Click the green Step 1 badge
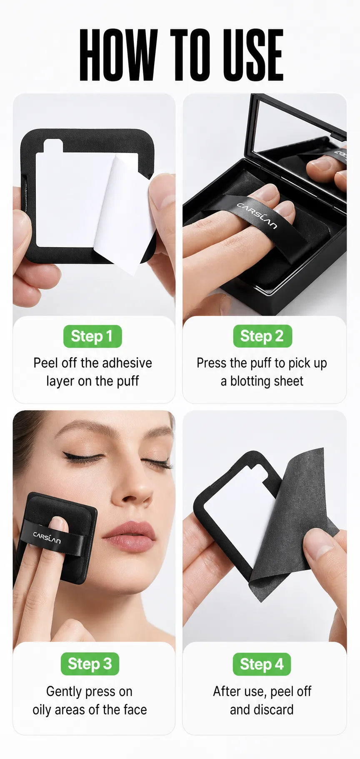(92, 336)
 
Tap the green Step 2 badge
(262, 336)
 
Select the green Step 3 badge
(90, 664)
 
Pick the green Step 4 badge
(262, 664)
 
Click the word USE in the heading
(253, 55)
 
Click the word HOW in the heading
(118, 55)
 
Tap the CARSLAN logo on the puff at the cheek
(47, 538)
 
